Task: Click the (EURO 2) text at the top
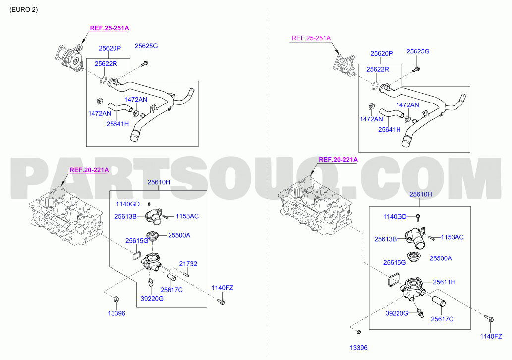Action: [23, 10]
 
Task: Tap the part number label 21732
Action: [188, 264]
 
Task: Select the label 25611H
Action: [444, 282]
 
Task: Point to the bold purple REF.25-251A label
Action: [110, 28]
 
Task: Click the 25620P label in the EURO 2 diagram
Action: [110, 48]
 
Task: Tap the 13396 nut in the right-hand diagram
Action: [358, 332]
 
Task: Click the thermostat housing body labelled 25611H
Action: [412, 288]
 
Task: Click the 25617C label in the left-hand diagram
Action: [171, 290]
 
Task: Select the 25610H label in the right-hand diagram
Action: [421, 194]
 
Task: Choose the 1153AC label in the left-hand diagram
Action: [187, 216]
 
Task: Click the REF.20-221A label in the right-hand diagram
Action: [339, 160]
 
